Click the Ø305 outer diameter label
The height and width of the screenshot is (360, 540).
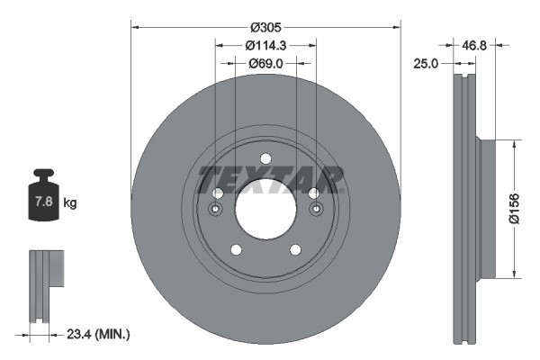[x=265, y=26]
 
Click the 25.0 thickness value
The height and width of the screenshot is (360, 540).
[x=426, y=63]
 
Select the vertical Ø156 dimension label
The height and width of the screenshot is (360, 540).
[x=527, y=209]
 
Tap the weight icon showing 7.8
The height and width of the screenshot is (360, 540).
[x=43, y=195]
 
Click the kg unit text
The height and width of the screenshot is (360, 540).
[x=70, y=203]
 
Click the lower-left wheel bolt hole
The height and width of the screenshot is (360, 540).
[x=236, y=249]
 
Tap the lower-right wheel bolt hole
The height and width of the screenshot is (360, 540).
[x=295, y=249]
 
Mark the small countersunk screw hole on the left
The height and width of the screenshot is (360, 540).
[x=215, y=210]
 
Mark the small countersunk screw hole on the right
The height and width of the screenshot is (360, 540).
[x=316, y=210]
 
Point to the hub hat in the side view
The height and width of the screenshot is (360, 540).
[x=486, y=209]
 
